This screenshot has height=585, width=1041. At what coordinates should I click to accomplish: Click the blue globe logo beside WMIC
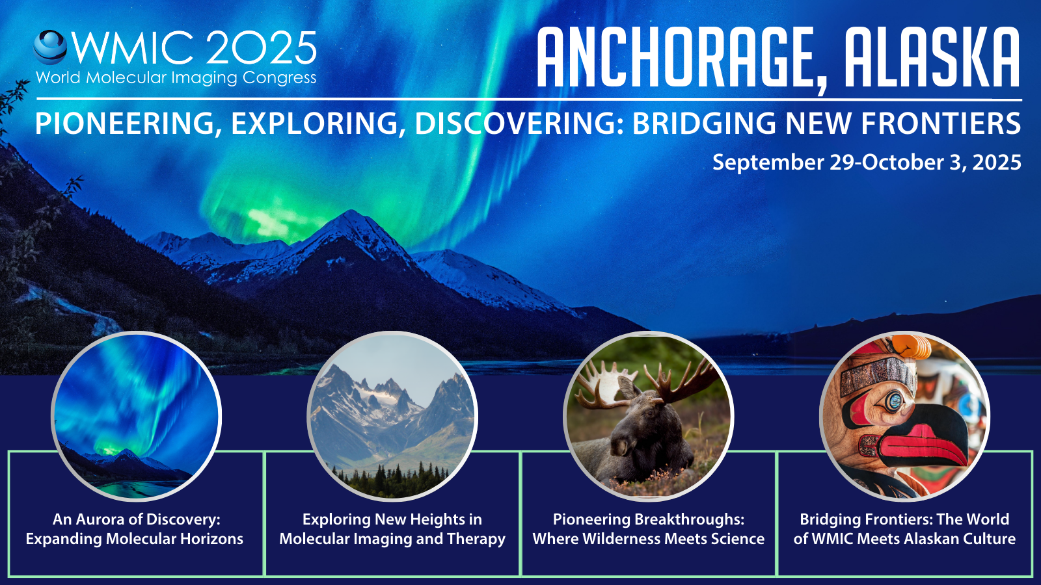point(50,47)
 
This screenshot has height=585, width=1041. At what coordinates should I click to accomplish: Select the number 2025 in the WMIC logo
point(261,48)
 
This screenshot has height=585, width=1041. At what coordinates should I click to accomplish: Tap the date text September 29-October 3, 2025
point(867,162)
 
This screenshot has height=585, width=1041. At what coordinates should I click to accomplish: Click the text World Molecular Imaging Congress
point(176,78)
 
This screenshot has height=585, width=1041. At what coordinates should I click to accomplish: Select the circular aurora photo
point(136,416)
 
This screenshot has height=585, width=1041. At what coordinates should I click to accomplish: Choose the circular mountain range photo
point(392,416)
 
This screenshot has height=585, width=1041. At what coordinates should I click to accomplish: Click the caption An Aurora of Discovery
point(136,519)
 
